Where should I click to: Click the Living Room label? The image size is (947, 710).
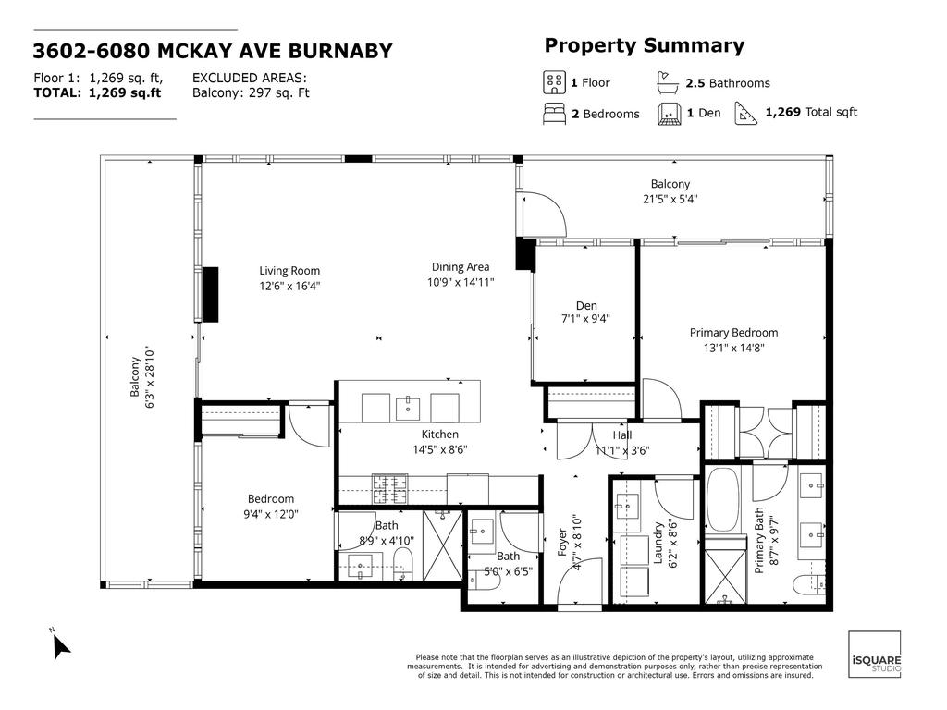(x=289, y=271)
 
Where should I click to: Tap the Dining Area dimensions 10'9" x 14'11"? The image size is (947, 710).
(x=461, y=282)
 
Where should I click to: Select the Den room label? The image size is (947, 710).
(x=586, y=305)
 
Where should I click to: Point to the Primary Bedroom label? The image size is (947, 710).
(x=733, y=333)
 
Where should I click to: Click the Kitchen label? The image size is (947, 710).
(x=439, y=435)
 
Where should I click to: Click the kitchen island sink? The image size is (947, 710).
(x=408, y=408)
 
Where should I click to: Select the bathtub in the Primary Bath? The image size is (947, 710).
(x=722, y=498)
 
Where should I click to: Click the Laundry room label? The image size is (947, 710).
(x=658, y=543)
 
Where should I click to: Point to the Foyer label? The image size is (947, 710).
(x=562, y=542)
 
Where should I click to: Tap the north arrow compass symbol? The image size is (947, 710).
(x=59, y=644)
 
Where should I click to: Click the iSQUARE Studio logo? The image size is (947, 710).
(x=875, y=654)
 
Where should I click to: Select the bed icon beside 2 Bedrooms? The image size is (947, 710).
(x=554, y=114)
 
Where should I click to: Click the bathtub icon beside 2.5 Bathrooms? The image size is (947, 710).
(x=668, y=82)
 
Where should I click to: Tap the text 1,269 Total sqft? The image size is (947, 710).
(x=811, y=112)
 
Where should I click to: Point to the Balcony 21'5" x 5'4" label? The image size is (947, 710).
(x=670, y=191)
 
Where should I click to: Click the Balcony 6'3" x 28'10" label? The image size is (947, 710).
(x=141, y=378)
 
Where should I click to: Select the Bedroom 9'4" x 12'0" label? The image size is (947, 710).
(x=271, y=507)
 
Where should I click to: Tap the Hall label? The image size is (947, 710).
(x=622, y=435)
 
